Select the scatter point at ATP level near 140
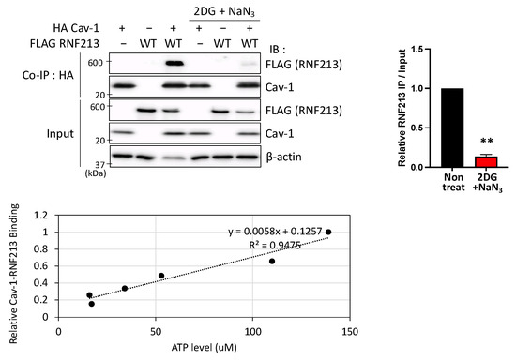click(328, 232)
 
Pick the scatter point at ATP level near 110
click(272, 261)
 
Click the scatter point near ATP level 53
click(161, 276)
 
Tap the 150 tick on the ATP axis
click(349, 330)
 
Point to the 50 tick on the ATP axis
click(156, 330)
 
